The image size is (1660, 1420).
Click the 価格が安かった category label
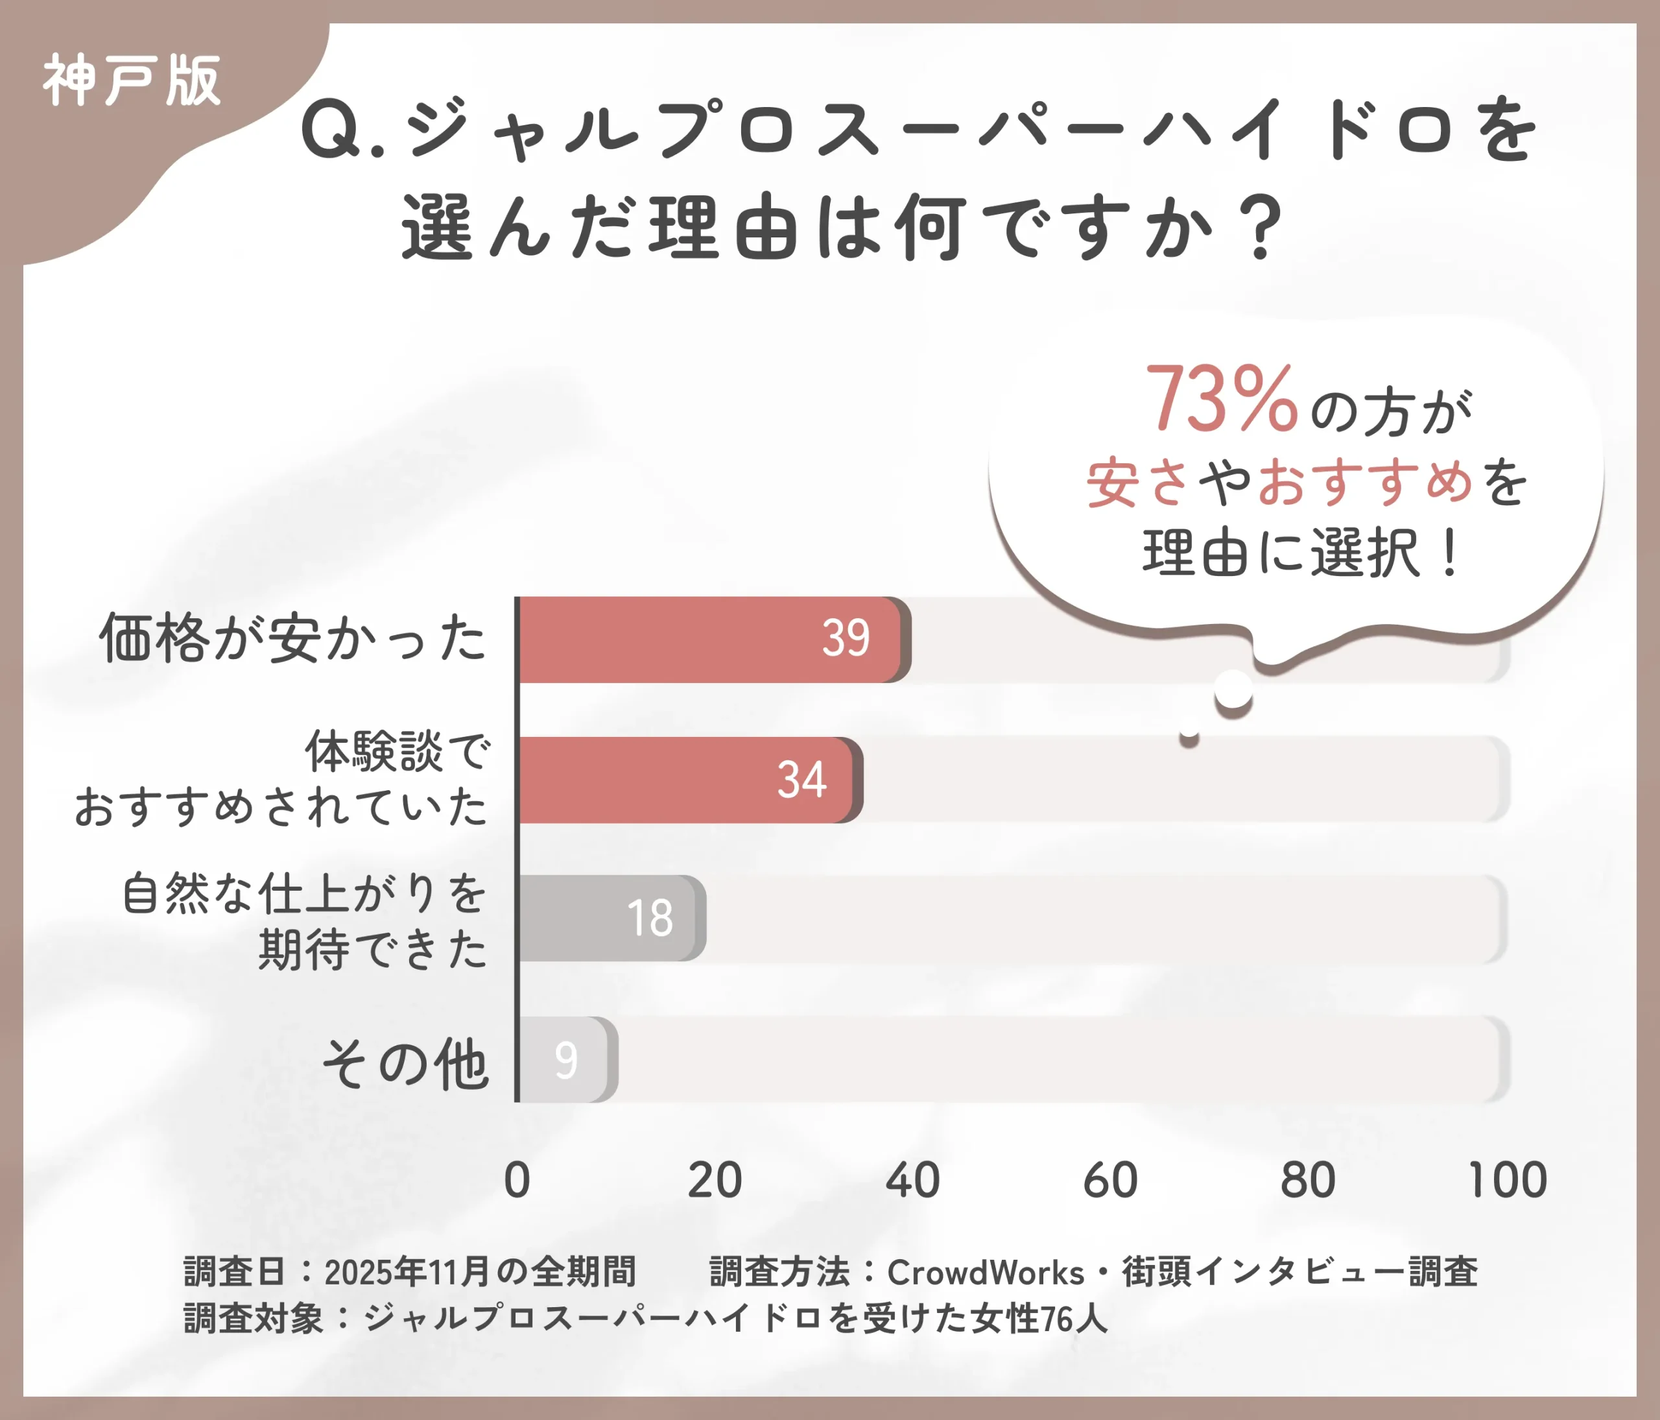click(x=293, y=639)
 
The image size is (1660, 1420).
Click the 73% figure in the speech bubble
click(x=1221, y=398)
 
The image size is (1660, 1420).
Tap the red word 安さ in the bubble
click(x=1137, y=483)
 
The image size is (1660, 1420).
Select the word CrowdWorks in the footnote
click(x=986, y=1273)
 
